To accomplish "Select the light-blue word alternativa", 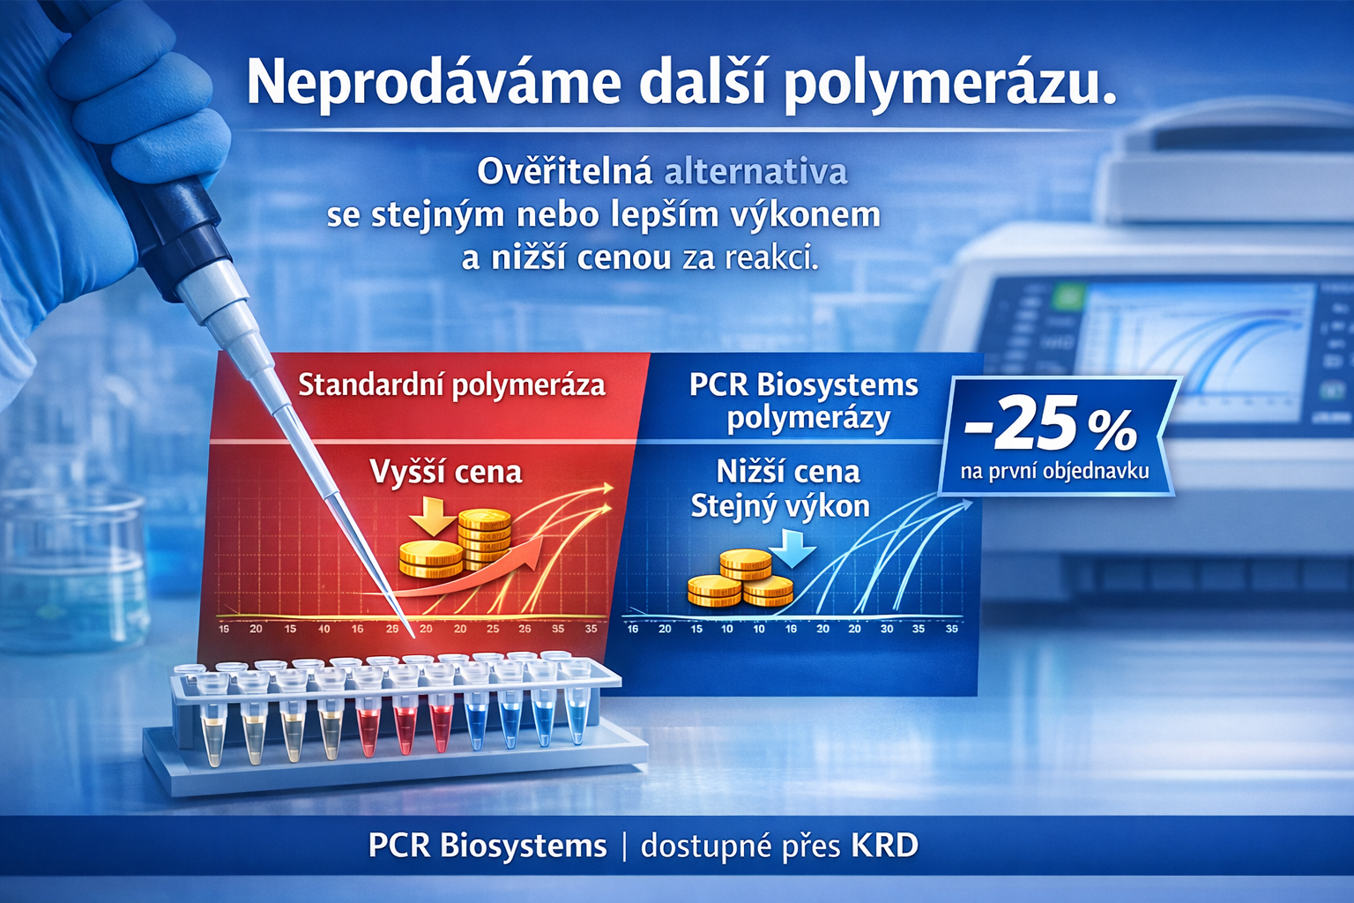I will (x=755, y=172).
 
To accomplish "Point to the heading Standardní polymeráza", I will (x=451, y=385).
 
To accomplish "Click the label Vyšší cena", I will (x=445, y=472).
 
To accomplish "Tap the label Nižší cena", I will (x=787, y=472).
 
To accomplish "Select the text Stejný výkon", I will (x=780, y=506).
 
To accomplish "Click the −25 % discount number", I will (x=1049, y=426).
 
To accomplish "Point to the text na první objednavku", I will (x=1054, y=471).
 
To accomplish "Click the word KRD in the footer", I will (x=884, y=846).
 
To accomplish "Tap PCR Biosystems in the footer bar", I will (x=487, y=846).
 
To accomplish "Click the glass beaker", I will (x=75, y=564).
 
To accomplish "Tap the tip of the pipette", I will (x=410, y=631).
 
